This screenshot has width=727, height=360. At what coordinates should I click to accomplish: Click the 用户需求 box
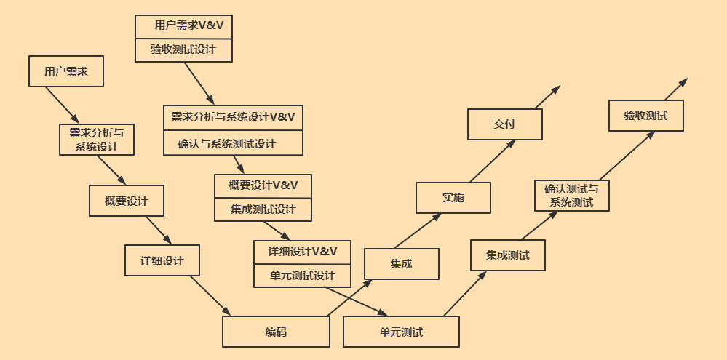coord(66,71)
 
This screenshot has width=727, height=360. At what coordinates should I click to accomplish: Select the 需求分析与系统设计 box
coord(97,139)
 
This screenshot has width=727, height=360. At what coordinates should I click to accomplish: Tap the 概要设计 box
coord(126,201)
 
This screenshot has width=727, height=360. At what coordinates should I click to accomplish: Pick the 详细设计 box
coord(162,260)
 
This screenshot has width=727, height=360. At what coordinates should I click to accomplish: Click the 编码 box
coord(276,332)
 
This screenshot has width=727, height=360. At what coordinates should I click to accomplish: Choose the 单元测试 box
coord(401,332)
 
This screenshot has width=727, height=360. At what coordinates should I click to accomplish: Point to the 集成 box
coord(401,264)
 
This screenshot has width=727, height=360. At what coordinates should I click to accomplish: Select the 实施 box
coord(453,197)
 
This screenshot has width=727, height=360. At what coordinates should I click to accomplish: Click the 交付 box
coord(504,124)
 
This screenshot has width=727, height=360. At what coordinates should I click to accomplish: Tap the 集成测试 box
coord(507,255)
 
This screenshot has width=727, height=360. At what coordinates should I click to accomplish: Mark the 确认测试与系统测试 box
coord(571,196)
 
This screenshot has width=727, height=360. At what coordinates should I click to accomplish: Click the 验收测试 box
coord(645,116)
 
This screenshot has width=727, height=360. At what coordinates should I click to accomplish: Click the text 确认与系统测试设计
coord(227,143)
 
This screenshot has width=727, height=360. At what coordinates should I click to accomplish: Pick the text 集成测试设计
coord(263,209)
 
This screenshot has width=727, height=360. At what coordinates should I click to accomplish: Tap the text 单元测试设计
coord(302,276)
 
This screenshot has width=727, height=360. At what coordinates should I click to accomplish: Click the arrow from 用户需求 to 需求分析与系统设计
coord(62,105)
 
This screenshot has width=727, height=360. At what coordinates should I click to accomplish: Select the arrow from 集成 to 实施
coord(417,231)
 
